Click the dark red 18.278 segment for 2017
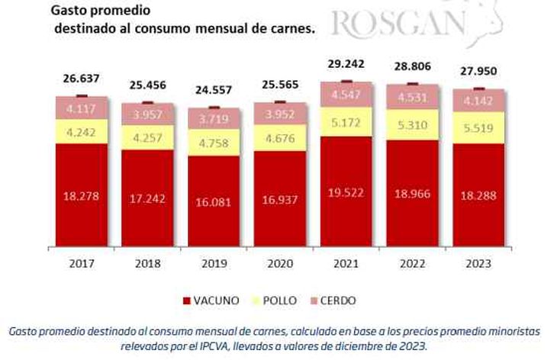click(x=82, y=196)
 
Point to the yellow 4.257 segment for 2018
click(x=148, y=138)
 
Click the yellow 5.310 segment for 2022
click(x=412, y=125)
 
